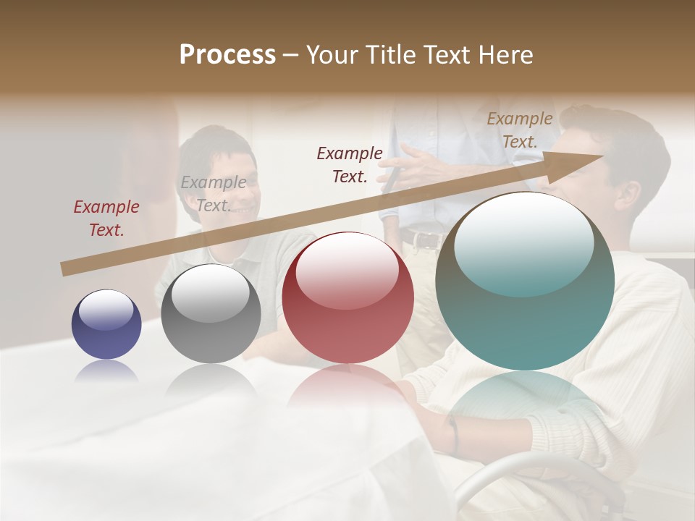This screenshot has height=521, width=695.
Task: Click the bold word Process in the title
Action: click(x=227, y=55)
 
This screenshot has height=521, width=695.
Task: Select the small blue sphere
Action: click(x=106, y=324)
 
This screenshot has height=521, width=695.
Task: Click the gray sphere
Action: click(x=211, y=313)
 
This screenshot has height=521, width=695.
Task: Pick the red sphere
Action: click(x=347, y=297)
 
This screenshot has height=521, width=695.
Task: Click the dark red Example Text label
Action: click(x=106, y=219)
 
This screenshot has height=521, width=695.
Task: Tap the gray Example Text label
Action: click(x=214, y=194)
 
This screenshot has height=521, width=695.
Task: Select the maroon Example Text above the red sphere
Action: click(x=350, y=164)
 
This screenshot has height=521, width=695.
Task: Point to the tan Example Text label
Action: click(x=520, y=130)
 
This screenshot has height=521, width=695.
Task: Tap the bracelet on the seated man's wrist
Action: click(x=452, y=434)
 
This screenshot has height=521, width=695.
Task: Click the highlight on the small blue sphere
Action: click(x=106, y=310)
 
